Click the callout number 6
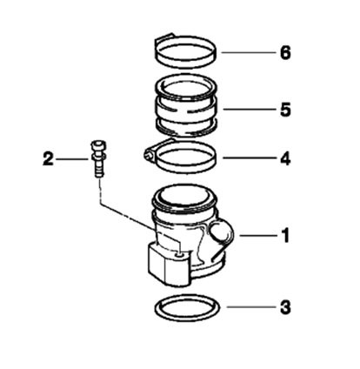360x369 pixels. [285, 53]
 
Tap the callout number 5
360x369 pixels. [285, 110]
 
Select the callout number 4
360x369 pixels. [285, 158]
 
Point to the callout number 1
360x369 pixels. [286, 236]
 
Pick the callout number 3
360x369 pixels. [285, 307]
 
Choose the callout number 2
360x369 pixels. [48, 159]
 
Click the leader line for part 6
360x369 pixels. [249, 53]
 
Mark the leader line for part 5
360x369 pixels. [250, 110]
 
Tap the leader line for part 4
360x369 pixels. [250, 158]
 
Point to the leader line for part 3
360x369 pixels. [251, 307]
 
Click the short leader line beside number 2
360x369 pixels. [72, 159]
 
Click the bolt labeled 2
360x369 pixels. [99, 158]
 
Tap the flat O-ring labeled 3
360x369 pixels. [187, 308]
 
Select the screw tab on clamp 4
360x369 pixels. [149, 153]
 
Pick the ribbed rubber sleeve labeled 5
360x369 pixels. [186, 106]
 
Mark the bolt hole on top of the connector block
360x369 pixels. [180, 254]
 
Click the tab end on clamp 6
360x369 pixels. [164, 37]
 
